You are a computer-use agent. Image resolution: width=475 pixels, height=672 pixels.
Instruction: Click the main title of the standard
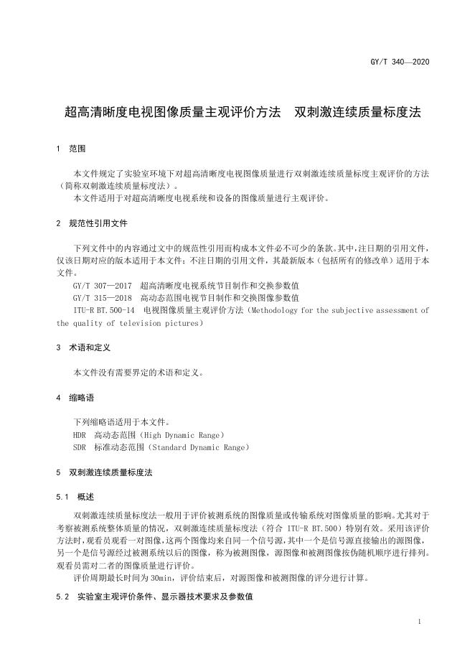click(x=243, y=112)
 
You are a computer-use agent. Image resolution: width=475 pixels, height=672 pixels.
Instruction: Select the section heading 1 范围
click(x=71, y=149)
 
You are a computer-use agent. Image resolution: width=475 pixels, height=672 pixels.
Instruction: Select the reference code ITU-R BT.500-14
click(x=104, y=310)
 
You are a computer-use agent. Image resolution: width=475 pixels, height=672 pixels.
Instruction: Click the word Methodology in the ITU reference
click(x=272, y=310)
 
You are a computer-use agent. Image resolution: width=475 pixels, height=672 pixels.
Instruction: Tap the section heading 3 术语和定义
click(x=83, y=347)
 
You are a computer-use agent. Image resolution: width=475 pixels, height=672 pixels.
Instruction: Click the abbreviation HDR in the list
click(x=79, y=435)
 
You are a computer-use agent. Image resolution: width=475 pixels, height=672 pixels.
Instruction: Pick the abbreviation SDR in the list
click(x=79, y=447)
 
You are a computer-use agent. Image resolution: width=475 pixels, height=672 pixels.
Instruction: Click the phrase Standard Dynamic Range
click(x=198, y=447)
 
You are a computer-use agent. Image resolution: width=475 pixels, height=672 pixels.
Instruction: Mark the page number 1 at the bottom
click(x=419, y=622)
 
